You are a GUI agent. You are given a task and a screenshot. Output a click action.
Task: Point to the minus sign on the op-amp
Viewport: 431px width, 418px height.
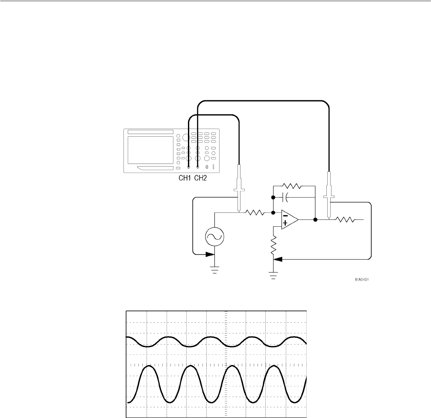285,215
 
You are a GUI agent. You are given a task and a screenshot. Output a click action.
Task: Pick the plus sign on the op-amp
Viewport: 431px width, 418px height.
285,223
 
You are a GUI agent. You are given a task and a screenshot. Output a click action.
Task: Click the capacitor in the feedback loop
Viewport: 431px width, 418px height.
287,197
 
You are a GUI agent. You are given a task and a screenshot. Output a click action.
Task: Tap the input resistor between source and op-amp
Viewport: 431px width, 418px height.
256,212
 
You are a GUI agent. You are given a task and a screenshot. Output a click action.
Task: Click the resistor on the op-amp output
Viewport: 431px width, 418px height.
344,220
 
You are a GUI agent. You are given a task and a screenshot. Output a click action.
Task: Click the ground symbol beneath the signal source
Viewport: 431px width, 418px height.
214,271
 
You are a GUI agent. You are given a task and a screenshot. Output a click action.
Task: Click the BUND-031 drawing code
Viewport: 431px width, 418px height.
361,280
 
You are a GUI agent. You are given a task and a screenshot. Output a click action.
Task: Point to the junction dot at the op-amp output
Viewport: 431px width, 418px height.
315,220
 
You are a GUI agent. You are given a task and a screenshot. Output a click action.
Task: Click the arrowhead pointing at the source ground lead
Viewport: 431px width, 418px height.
210,254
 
